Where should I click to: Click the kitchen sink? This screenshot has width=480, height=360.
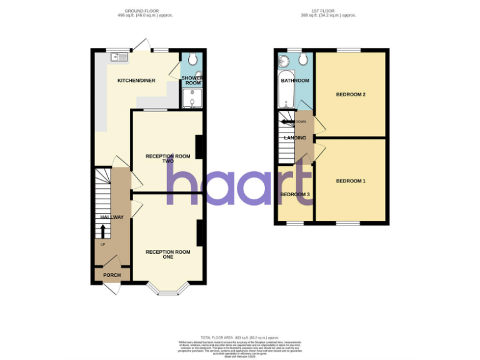pyautogui.click(x=119, y=57)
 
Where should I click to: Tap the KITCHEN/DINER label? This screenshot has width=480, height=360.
pyautogui.click(x=136, y=81)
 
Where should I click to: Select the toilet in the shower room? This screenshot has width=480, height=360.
pyautogui.click(x=192, y=59)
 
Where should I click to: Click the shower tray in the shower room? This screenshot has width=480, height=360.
pyautogui.click(x=191, y=99)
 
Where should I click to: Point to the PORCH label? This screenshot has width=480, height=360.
pyautogui.click(x=112, y=275)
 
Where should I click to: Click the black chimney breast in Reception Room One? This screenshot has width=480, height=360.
pyautogui.click(x=199, y=233)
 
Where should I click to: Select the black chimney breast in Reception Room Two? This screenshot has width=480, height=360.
pyautogui.click(x=199, y=147)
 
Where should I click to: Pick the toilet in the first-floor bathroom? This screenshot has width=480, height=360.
pyautogui.click(x=303, y=59)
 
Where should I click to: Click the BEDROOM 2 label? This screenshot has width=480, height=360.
pyautogui.click(x=350, y=95)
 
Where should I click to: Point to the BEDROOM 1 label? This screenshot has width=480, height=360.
pyautogui.click(x=350, y=181)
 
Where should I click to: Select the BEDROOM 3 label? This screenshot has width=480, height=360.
pyautogui.click(x=295, y=194)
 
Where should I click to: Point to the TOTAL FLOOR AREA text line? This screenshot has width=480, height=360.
pyautogui.click(x=240, y=337)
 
